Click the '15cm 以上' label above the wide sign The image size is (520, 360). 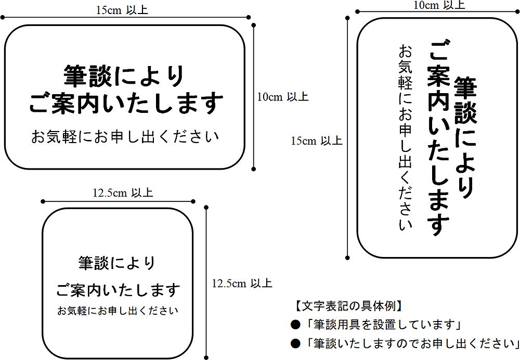pyautogui.click(x=122, y=10)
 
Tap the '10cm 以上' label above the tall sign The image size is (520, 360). pyautogui.click(x=439, y=5)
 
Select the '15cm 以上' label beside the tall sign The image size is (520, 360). pyautogui.click(x=316, y=140)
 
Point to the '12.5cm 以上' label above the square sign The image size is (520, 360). pyautogui.click(x=123, y=193)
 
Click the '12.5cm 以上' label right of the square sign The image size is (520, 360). pyautogui.click(x=242, y=284)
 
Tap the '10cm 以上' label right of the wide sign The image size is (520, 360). pyautogui.click(x=283, y=97)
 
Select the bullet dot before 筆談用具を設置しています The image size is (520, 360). pyautogui.click(x=295, y=325)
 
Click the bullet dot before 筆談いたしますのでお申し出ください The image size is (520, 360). pyautogui.click(x=295, y=343)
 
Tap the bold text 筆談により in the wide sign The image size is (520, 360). pyautogui.click(x=124, y=76)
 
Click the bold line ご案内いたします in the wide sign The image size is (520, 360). pyautogui.click(x=126, y=104)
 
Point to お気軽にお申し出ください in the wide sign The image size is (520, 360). pyautogui.click(x=125, y=137)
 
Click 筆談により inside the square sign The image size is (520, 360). pyautogui.click(x=116, y=263)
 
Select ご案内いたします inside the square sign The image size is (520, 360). pyautogui.click(x=118, y=290)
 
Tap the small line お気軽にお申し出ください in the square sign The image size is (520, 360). pyautogui.click(x=118, y=311)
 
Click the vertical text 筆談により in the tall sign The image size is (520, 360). pyautogui.click(x=465, y=138)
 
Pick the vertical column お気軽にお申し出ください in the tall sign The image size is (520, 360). pyautogui.click(x=405, y=137)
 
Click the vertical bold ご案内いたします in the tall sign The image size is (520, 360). pyautogui.click(x=438, y=137)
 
